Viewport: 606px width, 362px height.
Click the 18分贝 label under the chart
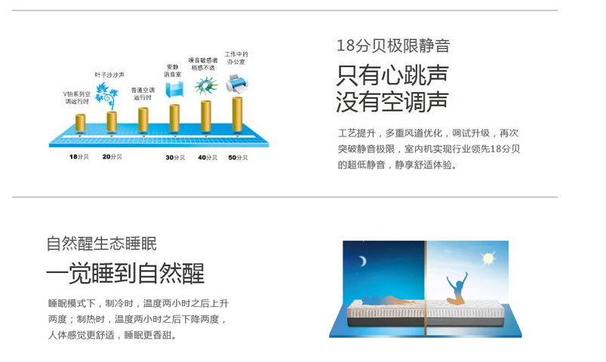coord(78,157)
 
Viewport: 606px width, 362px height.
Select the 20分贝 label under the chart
coord(112,157)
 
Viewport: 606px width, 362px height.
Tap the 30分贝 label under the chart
coord(175,158)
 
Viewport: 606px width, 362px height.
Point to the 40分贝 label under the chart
coord(208,158)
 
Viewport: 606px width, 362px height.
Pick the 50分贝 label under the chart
coord(238,158)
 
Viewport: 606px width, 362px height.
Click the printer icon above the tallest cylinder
coord(236,84)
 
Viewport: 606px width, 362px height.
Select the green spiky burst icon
coord(206,85)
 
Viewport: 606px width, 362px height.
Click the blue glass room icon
coord(174,89)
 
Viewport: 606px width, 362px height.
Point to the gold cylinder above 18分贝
coord(81,123)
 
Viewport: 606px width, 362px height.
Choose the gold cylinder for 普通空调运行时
coord(143,120)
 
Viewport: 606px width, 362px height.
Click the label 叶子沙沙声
coord(109,75)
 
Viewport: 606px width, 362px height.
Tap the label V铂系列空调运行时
coord(77,98)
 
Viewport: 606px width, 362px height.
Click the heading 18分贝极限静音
coord(393,45)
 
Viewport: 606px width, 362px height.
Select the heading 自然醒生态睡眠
coord(101,244)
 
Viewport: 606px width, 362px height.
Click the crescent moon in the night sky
coord(362,261)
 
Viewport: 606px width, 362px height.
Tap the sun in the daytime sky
coord(488,258)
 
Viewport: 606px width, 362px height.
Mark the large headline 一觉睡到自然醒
coord(125,274)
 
